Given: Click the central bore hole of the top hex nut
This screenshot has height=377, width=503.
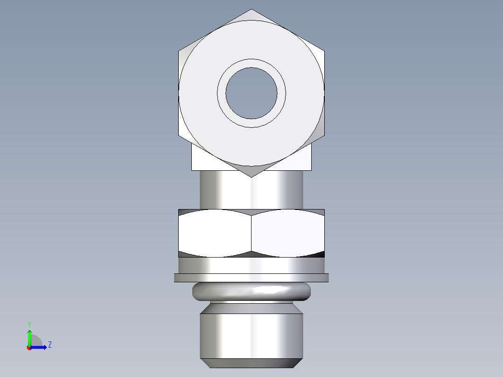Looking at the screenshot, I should click(251, 93).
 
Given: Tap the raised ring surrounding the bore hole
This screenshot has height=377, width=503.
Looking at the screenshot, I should click(251, 63).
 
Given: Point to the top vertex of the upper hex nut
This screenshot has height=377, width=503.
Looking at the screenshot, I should click(251, 10).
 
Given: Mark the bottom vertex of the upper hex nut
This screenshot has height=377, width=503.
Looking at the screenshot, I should click(251, 176).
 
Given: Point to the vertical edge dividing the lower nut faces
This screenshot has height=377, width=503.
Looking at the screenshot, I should click(251, 233).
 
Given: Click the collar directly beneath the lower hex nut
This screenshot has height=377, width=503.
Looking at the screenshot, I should click(251, 265).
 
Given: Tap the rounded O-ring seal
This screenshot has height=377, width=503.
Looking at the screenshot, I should click(251, 292).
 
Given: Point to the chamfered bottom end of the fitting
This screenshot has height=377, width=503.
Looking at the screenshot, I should click(251, 363).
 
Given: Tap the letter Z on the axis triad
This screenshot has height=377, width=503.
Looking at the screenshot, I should click(49, 345).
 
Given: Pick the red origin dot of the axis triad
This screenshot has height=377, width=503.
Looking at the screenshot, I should click(29, 348).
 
